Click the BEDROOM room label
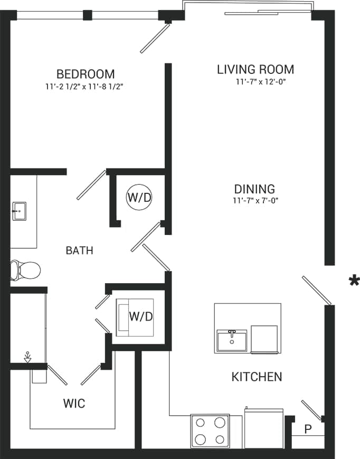pyautogui.click(x=86, y=74)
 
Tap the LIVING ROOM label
pyautogui.click(x=255, y=69)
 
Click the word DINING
pyautogui.click(x=255, y=189)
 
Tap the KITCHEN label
pyautogui.click(x=257, y=377)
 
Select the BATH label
pyautogui.click(x=79, y=250)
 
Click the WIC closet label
pyautogui.click(x=74, y=404)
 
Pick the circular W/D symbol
pyautogui.click(x=139, y=198)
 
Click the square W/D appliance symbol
pyautogui.click(x=135, y=317)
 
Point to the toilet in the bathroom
pyautogui.click(x=26, y=270)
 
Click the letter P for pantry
pyautogui.click(x=308, y=428)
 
